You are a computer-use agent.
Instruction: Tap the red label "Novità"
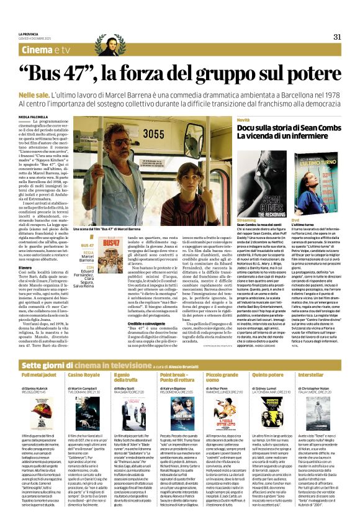click(243, 119)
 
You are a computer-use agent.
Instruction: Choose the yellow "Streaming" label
click(246, 220)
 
